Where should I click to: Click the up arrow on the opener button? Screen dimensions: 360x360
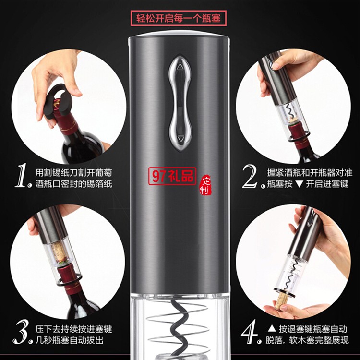pyautogui.click(x=180, y=68)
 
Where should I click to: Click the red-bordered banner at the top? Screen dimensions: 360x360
pyautogui.click(x=180, y=19)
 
